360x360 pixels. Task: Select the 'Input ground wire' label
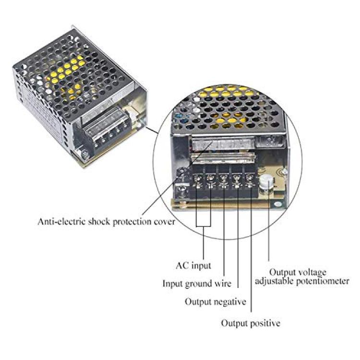click(197, 283)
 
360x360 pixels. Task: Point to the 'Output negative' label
click(216, 302)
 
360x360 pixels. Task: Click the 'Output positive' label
click(251, 323)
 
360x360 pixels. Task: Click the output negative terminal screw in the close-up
click(238, 181)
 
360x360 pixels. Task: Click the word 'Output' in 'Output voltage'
click(282, 272)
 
